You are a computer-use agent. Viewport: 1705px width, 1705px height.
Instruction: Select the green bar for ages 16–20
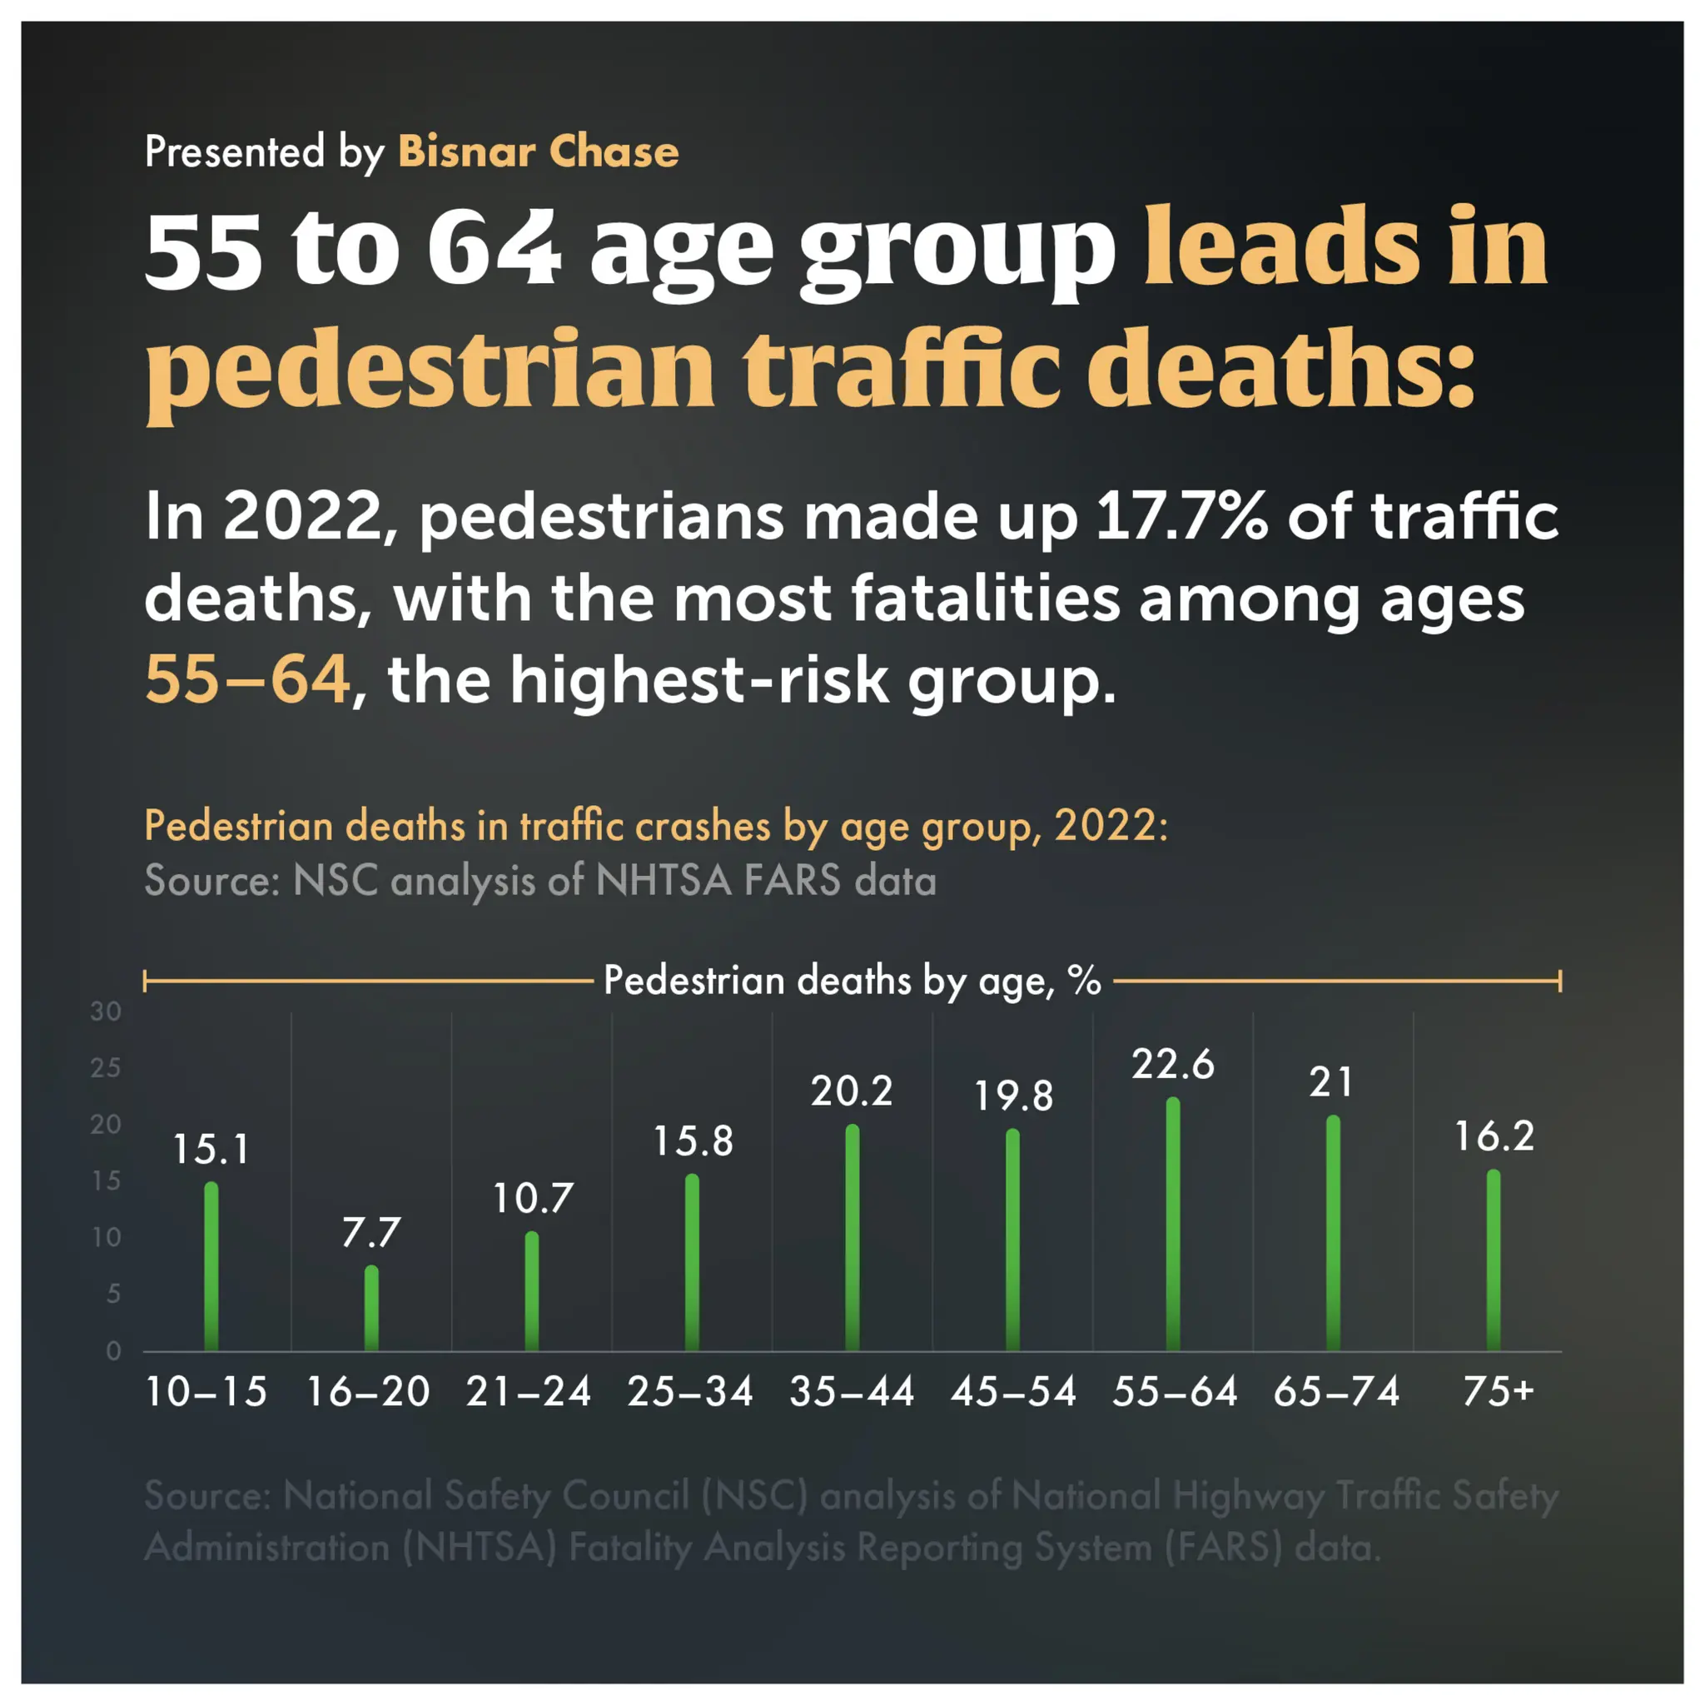click(371, 1309)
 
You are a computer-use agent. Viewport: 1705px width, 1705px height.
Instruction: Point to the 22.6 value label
click(1173, 1064)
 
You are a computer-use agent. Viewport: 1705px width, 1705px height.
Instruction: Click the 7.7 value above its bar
click(371, 1233)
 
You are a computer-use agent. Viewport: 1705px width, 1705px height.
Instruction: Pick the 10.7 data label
click(532, 1199)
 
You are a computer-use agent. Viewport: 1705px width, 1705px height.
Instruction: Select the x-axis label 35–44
click(852, 1392)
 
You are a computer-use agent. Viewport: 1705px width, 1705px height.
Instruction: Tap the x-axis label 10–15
click(206, 1392)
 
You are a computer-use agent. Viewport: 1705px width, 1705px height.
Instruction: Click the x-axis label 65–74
click(1336, 1392)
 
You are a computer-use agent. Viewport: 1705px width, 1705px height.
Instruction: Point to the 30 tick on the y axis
click(106, 1012)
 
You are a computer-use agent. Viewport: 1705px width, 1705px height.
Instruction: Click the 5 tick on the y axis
click(113, 1294)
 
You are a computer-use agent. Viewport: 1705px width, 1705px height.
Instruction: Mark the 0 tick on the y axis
click(113, 1350)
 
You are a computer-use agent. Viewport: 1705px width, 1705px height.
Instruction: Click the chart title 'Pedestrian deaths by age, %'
click(852, 981)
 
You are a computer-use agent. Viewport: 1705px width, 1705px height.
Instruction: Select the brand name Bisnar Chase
click(539, 152)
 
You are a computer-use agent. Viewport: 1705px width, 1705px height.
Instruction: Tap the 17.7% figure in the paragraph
click(1181, 516)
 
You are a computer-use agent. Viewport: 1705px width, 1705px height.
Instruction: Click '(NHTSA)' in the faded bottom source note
click(480, 1547)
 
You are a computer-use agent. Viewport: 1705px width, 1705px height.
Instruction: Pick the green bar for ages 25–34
click(692, 1263)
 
